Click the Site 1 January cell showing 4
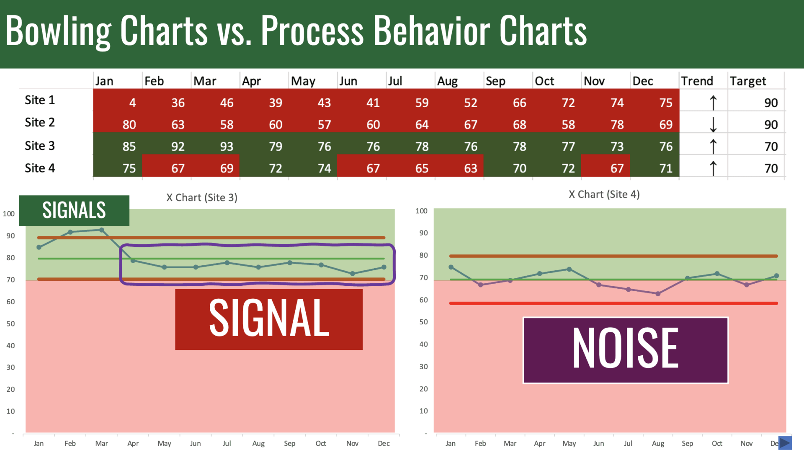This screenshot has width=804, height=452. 132,103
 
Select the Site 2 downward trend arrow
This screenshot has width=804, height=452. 713,124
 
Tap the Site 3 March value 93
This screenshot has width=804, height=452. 227,146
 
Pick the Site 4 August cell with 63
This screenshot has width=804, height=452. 470,168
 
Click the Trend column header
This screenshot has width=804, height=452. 697,81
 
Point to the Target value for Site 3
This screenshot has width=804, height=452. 771,146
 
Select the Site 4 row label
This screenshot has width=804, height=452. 40,168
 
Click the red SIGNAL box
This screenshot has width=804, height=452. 269,319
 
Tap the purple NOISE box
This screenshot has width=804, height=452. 626,350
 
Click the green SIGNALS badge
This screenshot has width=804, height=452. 74,211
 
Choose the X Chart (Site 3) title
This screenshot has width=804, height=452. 202,198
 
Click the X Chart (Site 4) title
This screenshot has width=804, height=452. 604,194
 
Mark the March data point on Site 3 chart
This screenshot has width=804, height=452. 102,230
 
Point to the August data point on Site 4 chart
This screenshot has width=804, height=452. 658,294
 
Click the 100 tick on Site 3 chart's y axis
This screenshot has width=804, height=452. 9,214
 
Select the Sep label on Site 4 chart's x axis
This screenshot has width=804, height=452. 687,444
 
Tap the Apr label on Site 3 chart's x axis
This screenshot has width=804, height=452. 133,444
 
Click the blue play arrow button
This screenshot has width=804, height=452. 785,443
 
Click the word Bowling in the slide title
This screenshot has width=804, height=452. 58,31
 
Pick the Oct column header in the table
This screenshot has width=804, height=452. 544,81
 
